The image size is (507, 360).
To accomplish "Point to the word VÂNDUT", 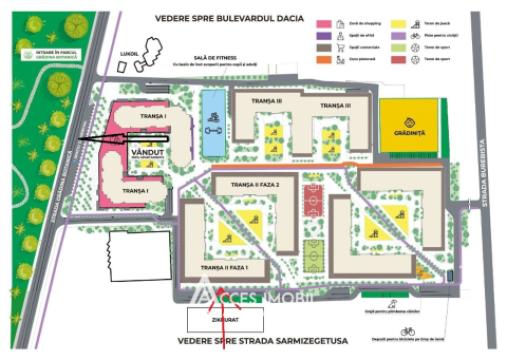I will [x=146, y=153].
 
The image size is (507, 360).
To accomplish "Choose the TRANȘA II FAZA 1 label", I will [x=231, y=268].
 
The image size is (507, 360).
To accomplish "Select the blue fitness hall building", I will [x=213, y=118].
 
